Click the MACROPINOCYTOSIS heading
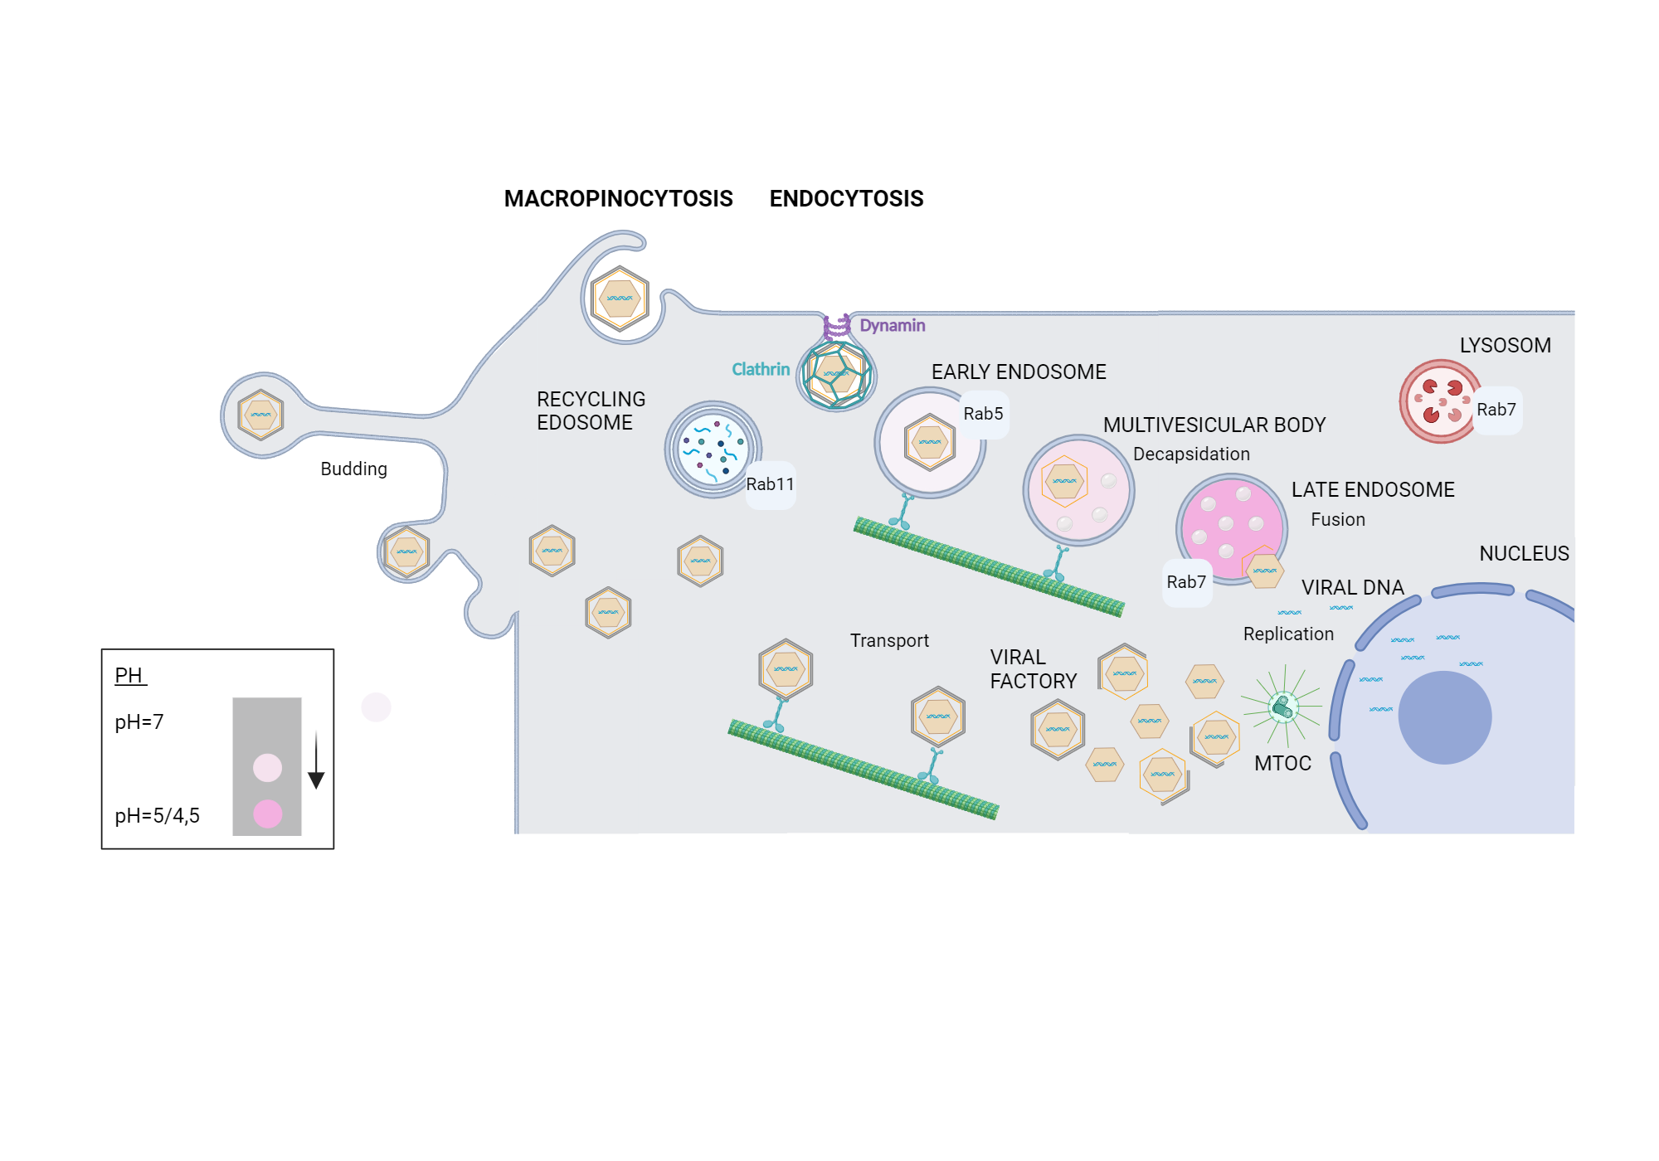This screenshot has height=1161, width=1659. click(x=618, y=199)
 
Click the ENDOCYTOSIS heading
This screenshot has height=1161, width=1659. click(x=846, y=199)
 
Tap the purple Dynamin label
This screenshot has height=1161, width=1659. click(x=892, y=326)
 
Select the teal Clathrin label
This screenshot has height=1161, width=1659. click(x=760, y=370)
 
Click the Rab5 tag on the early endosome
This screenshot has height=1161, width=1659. click(x=983, y=414)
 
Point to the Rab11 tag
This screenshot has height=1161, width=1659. click(x=770, y=484)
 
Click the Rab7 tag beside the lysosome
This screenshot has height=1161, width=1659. click(x=1496, y=410)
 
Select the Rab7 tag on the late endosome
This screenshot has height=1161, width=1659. click(x=1186, y=582)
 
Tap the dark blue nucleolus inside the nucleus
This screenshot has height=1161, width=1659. click(x=1444, y=717)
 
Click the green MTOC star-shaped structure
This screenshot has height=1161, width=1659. click(x=1282, y=707)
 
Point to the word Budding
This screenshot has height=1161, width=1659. click(x=353, y=469)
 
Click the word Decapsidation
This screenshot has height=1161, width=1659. click(x=1191, y=454)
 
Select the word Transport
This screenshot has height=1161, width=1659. click(x=889, y=641)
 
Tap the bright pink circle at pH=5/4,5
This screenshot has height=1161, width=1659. click(x=267, y=814)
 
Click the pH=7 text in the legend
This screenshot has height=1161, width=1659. click(x=139, y=722)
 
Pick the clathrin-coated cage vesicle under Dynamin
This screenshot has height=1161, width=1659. click(x=837, y=376)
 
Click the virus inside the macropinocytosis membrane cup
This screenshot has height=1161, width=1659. click(x=620, y=299)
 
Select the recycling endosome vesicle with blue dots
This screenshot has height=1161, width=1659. click(x=713, y=449)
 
